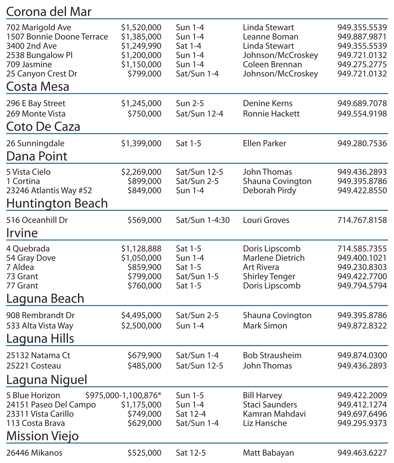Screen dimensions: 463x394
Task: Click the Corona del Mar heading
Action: click(x=49, y=12)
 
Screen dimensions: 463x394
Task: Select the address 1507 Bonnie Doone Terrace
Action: click(x=57, y=37)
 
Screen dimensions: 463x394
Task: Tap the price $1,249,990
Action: click(x=141, y=46)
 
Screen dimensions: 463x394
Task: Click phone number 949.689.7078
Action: click(x=362, y=104)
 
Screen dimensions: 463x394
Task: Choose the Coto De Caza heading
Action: click(x=43, y=127)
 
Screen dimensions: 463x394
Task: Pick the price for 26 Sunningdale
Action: click(x=141, y=144)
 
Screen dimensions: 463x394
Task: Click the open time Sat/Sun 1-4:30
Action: click(x=203, y=220)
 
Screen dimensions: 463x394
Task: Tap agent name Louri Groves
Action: click(x=266, y=220)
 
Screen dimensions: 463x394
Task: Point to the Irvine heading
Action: click(x=22, y=233)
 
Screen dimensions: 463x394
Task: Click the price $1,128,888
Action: click(x=141, y=249)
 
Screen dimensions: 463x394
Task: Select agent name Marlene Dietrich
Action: click(x=273, y=258)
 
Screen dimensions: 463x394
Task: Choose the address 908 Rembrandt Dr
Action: click(x=40, y=316)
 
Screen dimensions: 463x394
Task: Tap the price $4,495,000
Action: click(x=141, y=316)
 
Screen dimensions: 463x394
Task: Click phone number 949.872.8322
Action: click(x=362, y=326)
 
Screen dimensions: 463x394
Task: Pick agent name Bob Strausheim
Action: click(x=272, y=356)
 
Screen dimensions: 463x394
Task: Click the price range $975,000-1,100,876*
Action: click(x=123, y=396)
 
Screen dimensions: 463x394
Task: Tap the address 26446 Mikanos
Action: click(x=34, y=453)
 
